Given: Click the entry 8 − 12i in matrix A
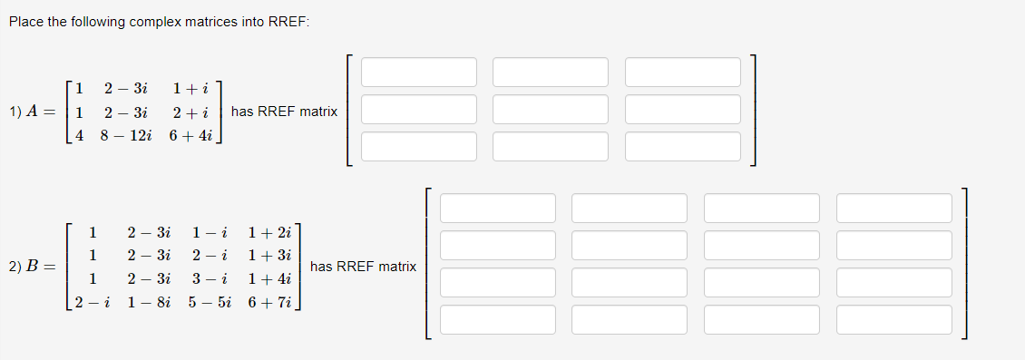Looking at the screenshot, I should (126, 136).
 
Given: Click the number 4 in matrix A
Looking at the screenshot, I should (80, 136).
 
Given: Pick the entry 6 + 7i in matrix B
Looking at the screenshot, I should (269, 302).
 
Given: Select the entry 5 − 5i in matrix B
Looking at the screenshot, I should (210, 302).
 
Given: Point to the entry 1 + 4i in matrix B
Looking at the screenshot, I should (269, 278).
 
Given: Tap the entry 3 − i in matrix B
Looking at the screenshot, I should (210, 278).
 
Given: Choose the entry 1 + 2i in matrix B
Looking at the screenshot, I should (269, 232).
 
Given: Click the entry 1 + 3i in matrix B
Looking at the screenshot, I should (269, 255).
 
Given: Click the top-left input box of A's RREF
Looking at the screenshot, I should (419, 73).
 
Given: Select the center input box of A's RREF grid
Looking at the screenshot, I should (551, 110).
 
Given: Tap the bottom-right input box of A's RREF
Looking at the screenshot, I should (682, 147).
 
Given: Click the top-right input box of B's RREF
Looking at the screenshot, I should (894, 208).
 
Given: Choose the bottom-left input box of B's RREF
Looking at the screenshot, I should (498, 319).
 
